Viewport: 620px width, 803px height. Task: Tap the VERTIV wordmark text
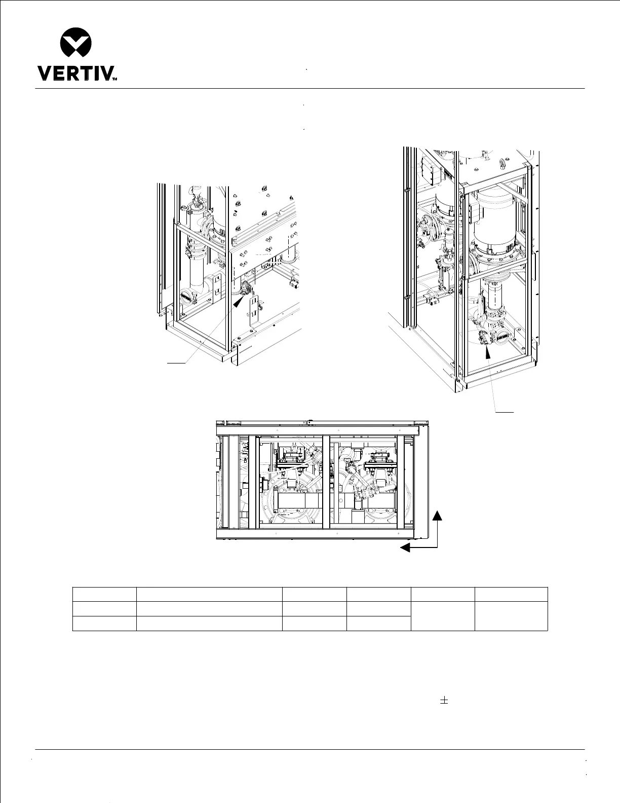tap(76, 74)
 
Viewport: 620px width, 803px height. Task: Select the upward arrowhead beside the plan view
tap(438, 516)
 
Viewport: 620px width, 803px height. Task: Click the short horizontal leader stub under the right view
tap(505, 412)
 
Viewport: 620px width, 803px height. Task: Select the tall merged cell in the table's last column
tap(511, 616)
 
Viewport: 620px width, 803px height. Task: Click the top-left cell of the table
tap(104, 594)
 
